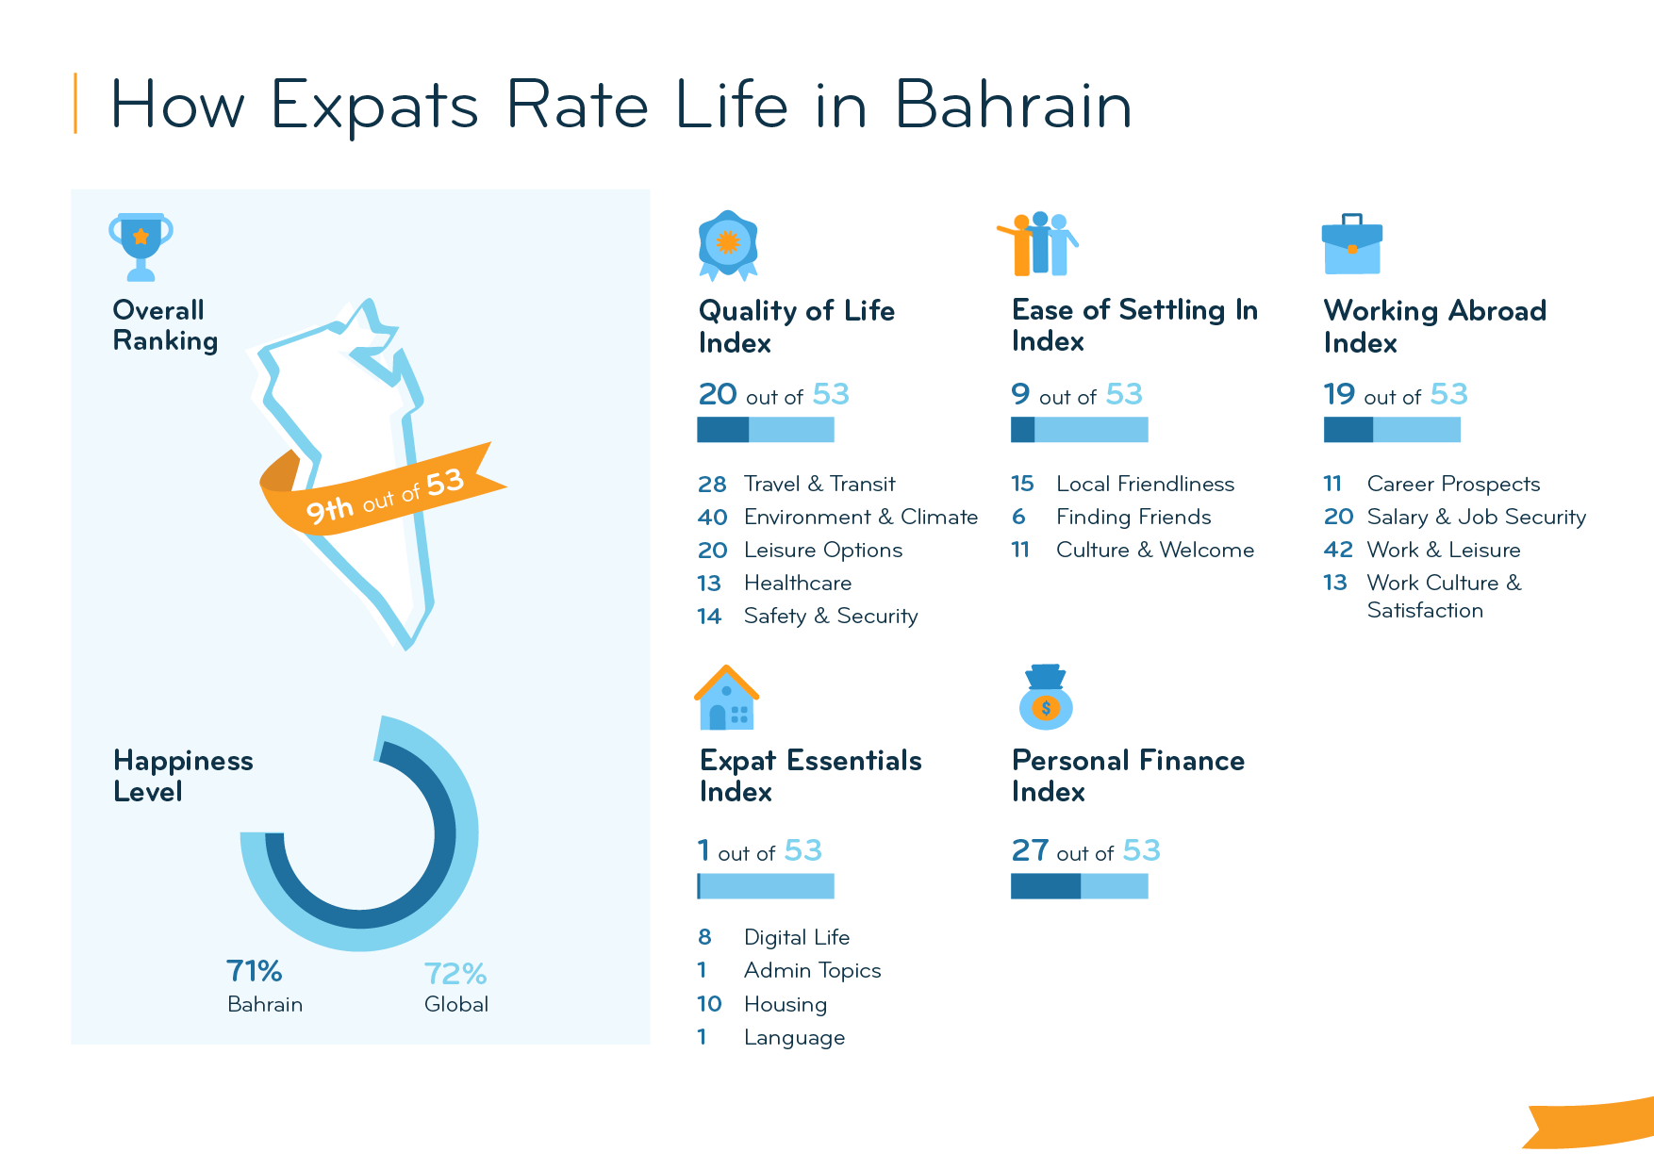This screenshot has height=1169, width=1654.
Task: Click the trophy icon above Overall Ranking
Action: (x=141, y=246)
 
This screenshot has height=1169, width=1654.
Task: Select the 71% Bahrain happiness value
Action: (x=254, y=971)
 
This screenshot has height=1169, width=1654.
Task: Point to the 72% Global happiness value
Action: (x=455, y=973)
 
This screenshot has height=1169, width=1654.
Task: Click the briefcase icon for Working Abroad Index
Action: (x=1351, y=244)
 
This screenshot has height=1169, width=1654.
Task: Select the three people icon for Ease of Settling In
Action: (x=1038, y=244)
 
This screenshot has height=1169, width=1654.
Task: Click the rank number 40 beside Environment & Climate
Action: (x=712, y=518)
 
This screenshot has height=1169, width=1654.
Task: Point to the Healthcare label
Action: (x=797, y=584)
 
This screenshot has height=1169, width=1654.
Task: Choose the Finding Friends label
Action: (x=1133, y=518)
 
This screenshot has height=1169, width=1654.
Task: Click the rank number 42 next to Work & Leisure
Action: (x=1338, y=550)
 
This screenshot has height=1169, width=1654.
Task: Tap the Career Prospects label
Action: (x=1453, y=485)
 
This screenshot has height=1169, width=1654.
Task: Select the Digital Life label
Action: (x=796, y=938)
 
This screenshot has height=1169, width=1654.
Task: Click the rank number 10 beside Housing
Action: (x=709, y=1004)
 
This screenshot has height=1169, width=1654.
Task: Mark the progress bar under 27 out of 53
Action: (x=1079, y=886)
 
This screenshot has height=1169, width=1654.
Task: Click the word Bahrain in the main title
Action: (x=1013, y=105)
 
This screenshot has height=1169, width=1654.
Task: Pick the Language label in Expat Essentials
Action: (x=794, y=1038)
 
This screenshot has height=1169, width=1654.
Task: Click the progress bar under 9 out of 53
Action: (x=1079, y=430)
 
